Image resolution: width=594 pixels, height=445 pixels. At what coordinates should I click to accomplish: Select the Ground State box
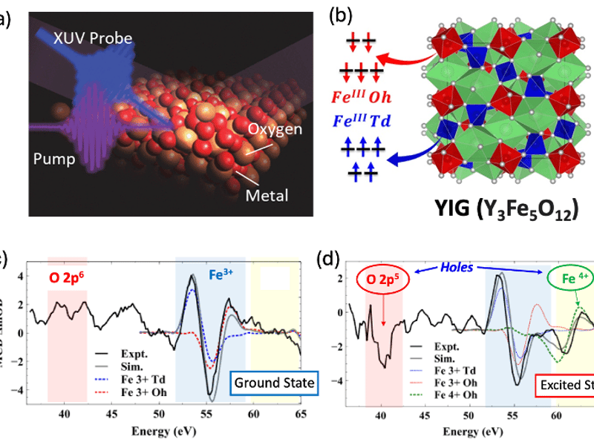point(273,383)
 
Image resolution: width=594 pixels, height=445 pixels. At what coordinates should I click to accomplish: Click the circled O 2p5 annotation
point(382,280)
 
